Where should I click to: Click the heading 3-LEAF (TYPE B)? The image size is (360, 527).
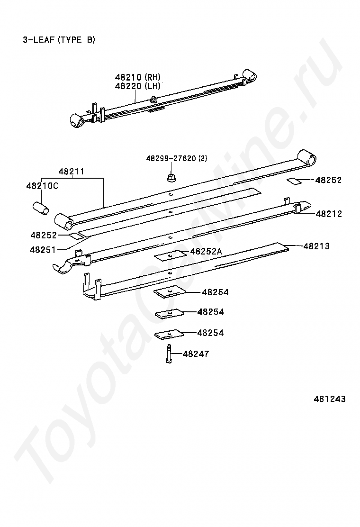pos(59,40)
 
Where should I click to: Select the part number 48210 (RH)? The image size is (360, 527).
pos(137,77)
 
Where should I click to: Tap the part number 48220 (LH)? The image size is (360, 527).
pos(137,86)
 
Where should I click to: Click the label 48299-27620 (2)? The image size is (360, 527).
pos(176,158)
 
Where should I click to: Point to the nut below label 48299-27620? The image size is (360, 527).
pos(170,177)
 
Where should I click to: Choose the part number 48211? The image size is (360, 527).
pos(71,171)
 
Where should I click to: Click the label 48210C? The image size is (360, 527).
pos(42,186)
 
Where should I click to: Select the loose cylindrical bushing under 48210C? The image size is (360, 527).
pos(41,208)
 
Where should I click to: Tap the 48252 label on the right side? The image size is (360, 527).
pos(328,180)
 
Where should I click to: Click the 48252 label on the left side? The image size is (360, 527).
pos(44,235)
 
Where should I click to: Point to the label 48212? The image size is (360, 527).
pos(329,214)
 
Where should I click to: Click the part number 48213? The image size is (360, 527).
pos(316,246)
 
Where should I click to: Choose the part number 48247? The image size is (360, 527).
pos(196,354)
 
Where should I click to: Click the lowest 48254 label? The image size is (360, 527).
pos(210,333)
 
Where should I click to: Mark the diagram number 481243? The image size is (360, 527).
pos(329,399)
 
